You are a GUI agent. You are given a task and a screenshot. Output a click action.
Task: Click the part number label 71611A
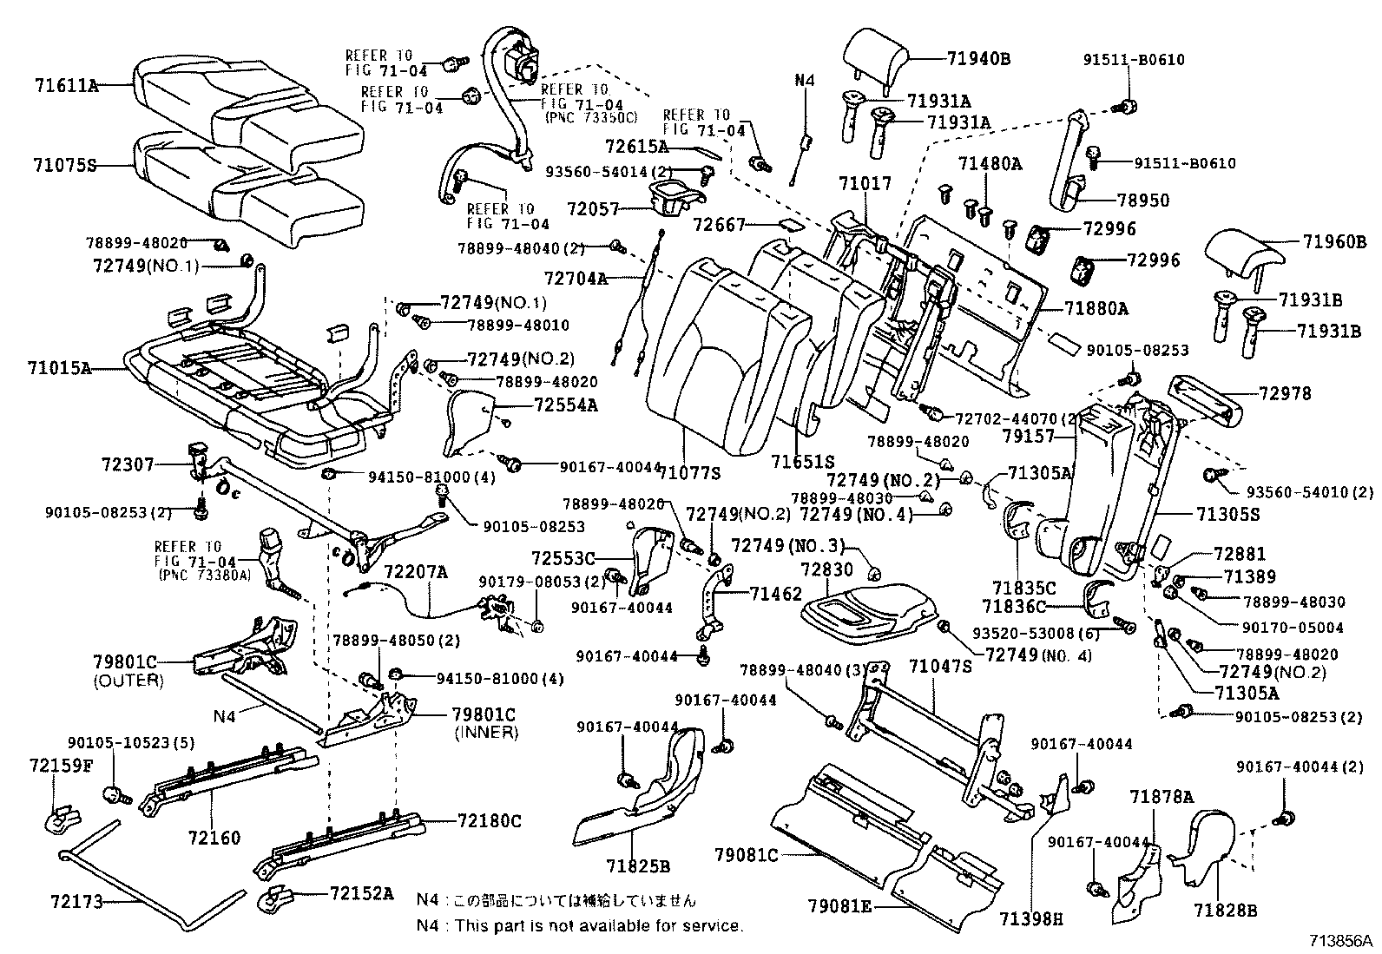click(66, 85)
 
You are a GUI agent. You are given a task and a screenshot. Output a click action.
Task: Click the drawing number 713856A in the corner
click(1340, 939)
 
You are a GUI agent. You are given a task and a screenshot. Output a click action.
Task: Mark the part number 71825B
click(638, 866)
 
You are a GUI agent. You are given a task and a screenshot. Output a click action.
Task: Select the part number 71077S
click(689, 473)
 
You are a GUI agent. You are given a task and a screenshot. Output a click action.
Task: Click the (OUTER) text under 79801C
click(128, 681)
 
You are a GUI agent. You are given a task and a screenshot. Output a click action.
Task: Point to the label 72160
click(214, 838)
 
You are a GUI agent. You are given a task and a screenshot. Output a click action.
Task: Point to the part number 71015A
click(63, 368)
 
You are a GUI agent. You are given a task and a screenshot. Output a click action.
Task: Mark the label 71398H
click(1030, 918)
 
